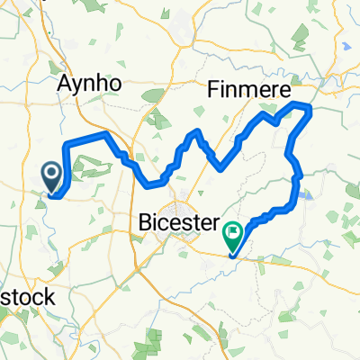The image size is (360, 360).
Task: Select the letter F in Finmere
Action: pos(213,89)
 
